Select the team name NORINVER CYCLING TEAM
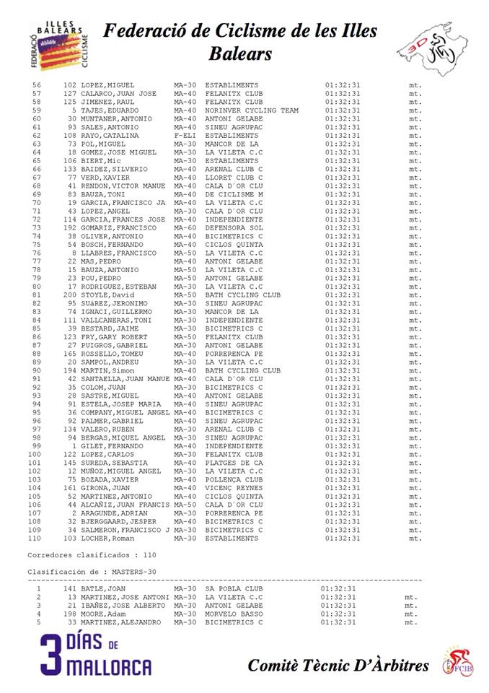(x=252, y=110)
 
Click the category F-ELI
(x=185, y=136)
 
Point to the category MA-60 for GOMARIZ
(x=185, y=227)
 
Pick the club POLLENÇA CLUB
(x=234, y=479)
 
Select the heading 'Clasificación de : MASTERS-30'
(x=92, y=571)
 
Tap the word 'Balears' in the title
(x=240, y=54)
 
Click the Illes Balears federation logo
(x=60, y=45)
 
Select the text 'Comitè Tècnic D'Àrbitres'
(x=338, y=666)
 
